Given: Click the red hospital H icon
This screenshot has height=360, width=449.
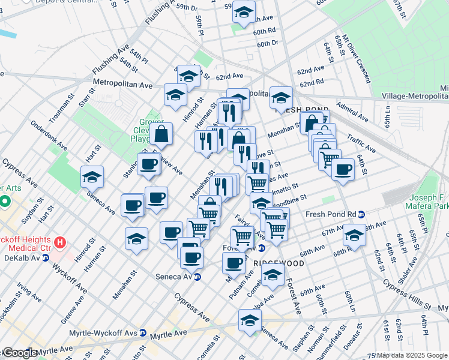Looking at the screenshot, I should pyautogui.click(x=59, y=243).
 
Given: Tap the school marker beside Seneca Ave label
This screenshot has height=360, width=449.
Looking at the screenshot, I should pyautogui.click(x=92, y=176).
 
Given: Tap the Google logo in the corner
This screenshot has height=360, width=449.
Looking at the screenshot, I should pyautogui.click(x=20, y=353).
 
